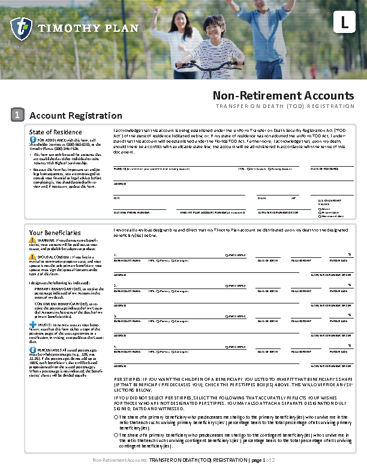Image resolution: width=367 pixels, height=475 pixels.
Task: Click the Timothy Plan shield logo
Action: click(21, 28)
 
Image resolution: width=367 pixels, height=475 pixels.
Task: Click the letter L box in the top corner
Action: click(344, 23)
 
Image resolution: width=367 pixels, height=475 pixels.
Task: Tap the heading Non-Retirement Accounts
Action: click(284, 96)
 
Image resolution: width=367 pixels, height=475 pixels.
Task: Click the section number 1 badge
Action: click(18, 115)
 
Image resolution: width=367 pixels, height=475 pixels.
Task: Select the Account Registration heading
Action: click(76, 116)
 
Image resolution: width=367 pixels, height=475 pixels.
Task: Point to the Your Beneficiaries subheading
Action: click(55, 232)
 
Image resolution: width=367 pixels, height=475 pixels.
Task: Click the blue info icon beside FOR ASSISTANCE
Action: click(32, 140)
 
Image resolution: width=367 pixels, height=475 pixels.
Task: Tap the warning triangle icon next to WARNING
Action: click(32, 240)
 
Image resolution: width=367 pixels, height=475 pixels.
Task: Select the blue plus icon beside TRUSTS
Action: click(32, 324)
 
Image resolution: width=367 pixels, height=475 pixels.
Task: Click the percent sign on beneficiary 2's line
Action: click(349, 285)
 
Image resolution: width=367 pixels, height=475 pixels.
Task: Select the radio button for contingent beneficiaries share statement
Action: click(116, 435)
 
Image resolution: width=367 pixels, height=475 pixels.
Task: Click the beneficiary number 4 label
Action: click(115, 346)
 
